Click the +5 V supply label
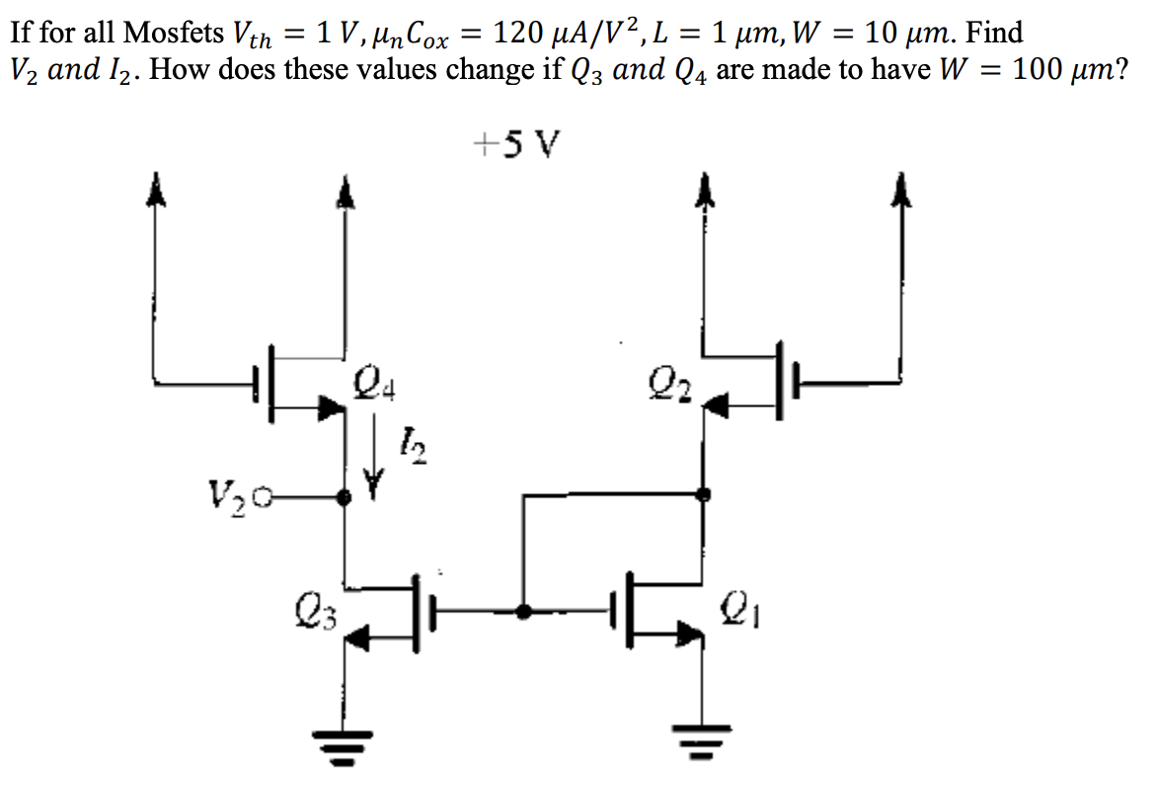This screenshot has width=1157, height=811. point(516,146)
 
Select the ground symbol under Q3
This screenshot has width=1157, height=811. point(344,735)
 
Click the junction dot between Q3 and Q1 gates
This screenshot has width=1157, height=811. point(523,612)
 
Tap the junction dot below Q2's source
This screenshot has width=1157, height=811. point(702,493)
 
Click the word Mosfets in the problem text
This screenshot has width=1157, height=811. point(174,34)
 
